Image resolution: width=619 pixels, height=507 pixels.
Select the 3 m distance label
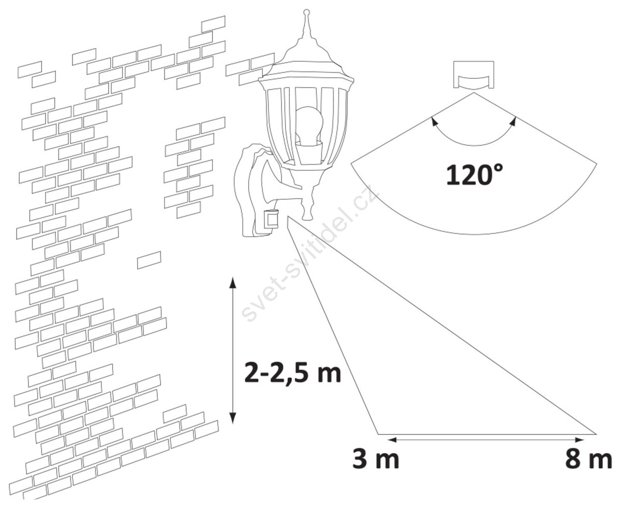pos(375,459)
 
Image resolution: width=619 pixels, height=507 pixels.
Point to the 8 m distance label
pos(588,459)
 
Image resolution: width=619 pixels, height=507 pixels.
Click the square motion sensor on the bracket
pos(271,220)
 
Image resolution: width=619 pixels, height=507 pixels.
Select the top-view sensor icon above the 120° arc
pos(474,75)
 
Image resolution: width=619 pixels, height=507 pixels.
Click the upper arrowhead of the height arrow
pos(233,282)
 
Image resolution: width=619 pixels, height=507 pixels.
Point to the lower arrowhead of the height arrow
pos(233,418)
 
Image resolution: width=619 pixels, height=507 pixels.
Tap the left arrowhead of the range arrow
pos(391,439)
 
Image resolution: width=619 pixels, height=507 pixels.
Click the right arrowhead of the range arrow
pos(579,439)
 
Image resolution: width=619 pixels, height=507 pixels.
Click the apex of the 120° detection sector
pos(474,93)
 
